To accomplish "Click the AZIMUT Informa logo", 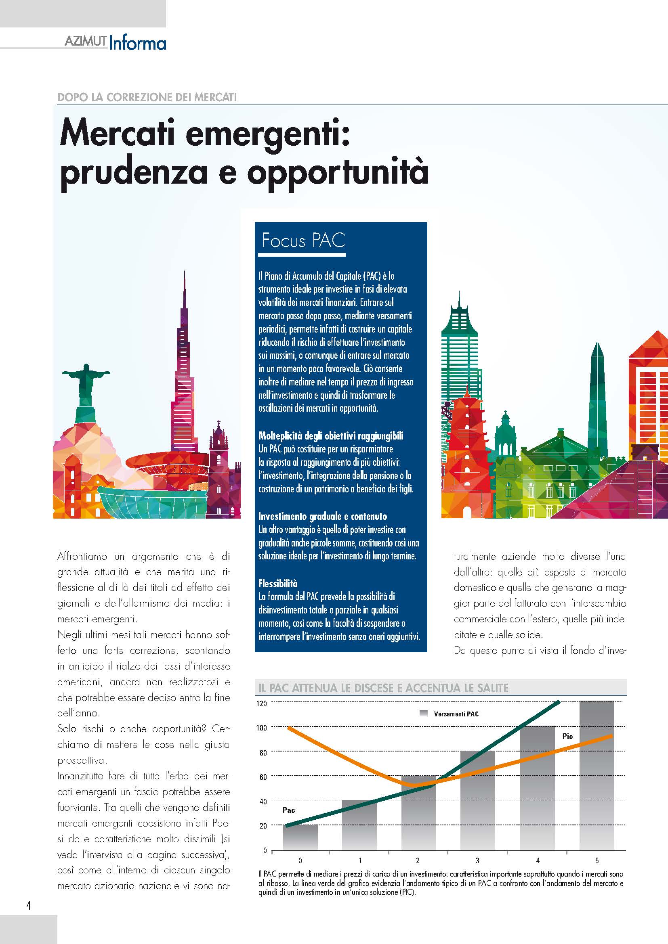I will pyautogui.click(x=116, y=43).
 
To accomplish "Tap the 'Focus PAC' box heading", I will pyautogui.click(x=304, y=241).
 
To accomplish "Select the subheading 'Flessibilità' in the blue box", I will pyautogui.click(x=277, y=583).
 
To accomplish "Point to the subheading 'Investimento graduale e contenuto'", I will pyautogui.click(x=322, y=516).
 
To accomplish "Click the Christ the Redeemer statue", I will pyautogui.click(x=86, y=383).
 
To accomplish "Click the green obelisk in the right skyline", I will pyautogui.click(x=597, y=395).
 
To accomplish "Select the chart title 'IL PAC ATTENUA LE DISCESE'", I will pyautogui.click(x=383, y=687).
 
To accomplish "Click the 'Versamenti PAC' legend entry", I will pyautogui.click(x=456, y=714).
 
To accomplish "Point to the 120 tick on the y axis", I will pyautogui.click(x=262, y=703).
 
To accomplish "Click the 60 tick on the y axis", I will pyautogui.click(x=263, y=777).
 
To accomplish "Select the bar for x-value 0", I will pyautogui.click(x=300, y=837).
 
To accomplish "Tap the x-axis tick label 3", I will pyautogui.click(x=477, y=860).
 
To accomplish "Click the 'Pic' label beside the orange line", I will pyautogui.click(x=567, y=737).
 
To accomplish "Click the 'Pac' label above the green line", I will pyautogui.click(x=289, y=810).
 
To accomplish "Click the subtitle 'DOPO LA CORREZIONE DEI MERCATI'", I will pyautogui.click(x=147, y=97).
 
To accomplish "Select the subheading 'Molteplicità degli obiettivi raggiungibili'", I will pyautogui.click(x=331, y=435).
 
